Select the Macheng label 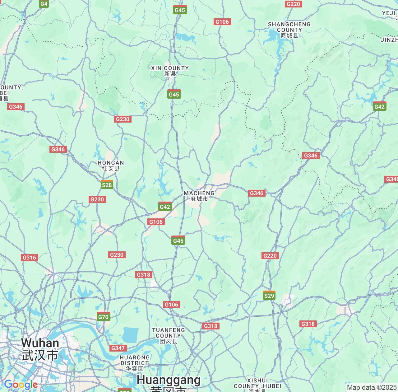[199, 196]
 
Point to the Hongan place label [111, 165]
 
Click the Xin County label [170, 71]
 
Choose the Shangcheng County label [289, 30]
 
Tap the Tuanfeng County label [169, 335]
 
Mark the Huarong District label [135, 363]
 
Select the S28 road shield [107, 185]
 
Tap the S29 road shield [269, 295]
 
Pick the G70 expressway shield [103, 317]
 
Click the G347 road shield [118, 348]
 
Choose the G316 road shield [30, 258]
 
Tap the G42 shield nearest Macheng [165, 207]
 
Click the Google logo [21, 385]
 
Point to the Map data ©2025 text [372, 388]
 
